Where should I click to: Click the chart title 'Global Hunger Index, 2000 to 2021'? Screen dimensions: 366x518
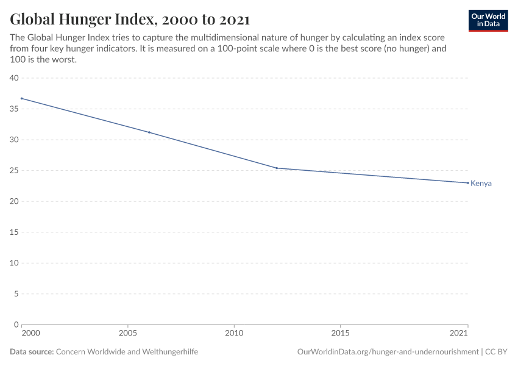[129, 20]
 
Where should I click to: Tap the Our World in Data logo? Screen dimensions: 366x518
[488, 20]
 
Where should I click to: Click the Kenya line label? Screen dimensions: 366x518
[481, 184]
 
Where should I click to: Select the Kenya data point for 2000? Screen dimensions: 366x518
[22, 98]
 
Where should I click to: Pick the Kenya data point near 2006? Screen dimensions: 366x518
[149, 132]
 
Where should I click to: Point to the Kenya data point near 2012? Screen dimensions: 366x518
[277, 168]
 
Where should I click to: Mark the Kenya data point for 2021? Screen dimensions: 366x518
[467, 183]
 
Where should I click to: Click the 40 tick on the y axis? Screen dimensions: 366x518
[14, 78]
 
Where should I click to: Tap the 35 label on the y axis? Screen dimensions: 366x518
[14, 109]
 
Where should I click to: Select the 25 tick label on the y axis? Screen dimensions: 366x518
[14, 171]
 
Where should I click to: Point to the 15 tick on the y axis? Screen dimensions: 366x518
[14, 232]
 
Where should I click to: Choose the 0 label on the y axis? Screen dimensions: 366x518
[16, 325]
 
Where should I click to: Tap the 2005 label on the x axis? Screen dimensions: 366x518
[128, 334]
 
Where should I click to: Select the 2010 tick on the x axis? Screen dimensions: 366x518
[234, 334]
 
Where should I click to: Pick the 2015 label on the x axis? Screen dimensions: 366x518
[340, 334]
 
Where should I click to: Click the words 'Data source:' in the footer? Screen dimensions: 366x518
[32, 352]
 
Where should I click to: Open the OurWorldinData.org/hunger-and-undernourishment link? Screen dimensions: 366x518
[388, 352]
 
